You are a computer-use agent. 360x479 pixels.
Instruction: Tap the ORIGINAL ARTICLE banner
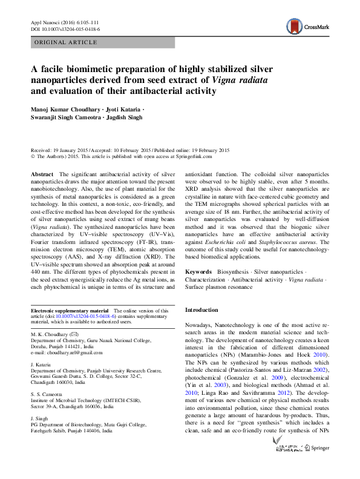coord(67,42)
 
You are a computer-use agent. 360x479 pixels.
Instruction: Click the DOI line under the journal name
coord(65,28)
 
